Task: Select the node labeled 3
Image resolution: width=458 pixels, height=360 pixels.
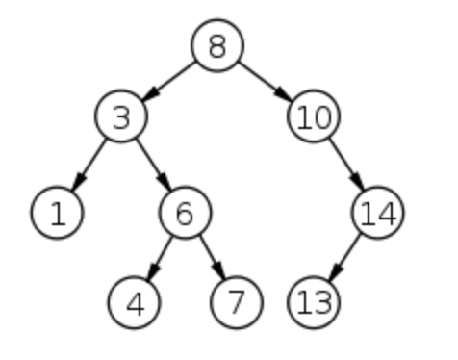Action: coord(120,117)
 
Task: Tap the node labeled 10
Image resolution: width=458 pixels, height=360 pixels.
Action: coord(313,117)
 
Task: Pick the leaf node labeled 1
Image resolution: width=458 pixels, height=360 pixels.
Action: coord(57,213)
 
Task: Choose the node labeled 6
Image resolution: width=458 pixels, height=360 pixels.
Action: coord(185,213)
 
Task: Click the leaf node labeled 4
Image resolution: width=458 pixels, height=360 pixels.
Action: coord(136,302)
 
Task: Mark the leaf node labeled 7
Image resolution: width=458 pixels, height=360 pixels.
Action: coord(234,302)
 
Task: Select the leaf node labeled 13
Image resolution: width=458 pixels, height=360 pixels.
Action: coord(314,302)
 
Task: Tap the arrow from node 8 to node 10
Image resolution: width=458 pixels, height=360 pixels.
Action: coord(265,82)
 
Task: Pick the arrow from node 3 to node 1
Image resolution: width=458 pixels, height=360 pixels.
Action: coord(89,165)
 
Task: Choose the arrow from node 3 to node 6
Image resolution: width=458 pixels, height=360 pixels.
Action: coord(153,165)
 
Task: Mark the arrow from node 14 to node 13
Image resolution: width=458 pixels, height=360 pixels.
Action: coord(344,257)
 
